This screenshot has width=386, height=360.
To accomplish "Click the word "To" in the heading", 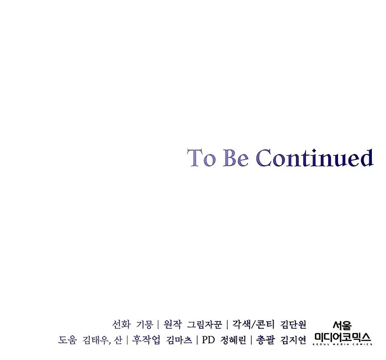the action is click(202, 157).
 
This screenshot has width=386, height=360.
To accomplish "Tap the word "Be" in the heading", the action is click(235, 157).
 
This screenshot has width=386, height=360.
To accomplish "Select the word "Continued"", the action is click(315, 157).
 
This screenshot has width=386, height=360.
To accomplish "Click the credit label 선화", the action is click(121, 324).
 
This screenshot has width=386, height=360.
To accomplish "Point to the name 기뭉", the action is click(145, 324).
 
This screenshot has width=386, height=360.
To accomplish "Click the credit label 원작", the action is click(172, 324).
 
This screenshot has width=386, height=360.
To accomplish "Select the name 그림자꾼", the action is click(205, 324).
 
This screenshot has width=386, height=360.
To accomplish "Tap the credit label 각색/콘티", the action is click(253, 324).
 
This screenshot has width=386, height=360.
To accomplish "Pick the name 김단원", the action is click(293, 324).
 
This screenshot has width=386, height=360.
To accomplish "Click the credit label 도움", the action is click(67, 340).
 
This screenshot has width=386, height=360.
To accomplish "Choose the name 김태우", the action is click(95, 340).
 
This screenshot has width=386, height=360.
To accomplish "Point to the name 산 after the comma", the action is click(118, 340).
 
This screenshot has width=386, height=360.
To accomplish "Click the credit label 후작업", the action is click(146, 340).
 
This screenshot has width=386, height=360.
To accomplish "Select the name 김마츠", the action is click(179, 340).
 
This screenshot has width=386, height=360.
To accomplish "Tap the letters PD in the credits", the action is click(208, 340).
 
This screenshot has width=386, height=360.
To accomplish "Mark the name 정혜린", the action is click(233, 340).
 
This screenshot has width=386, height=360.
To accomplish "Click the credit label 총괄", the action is click(265, 340).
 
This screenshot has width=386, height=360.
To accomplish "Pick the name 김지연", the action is click(293, 340).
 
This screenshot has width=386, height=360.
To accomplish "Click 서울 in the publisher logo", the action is click(342, 325).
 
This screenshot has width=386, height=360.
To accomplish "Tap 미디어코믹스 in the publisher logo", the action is click(343, 337).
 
